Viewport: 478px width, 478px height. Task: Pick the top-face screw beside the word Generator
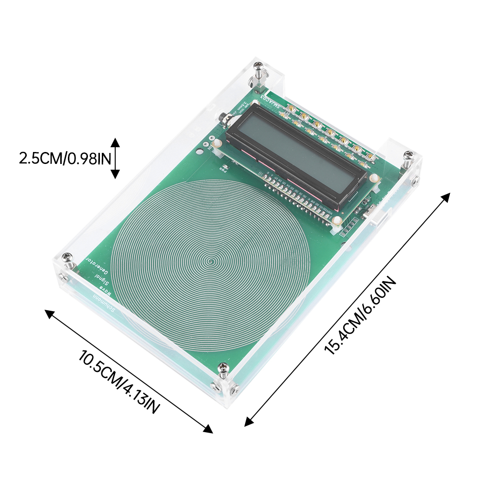pos(69,258)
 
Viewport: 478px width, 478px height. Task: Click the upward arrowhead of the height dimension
pos(115,142)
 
